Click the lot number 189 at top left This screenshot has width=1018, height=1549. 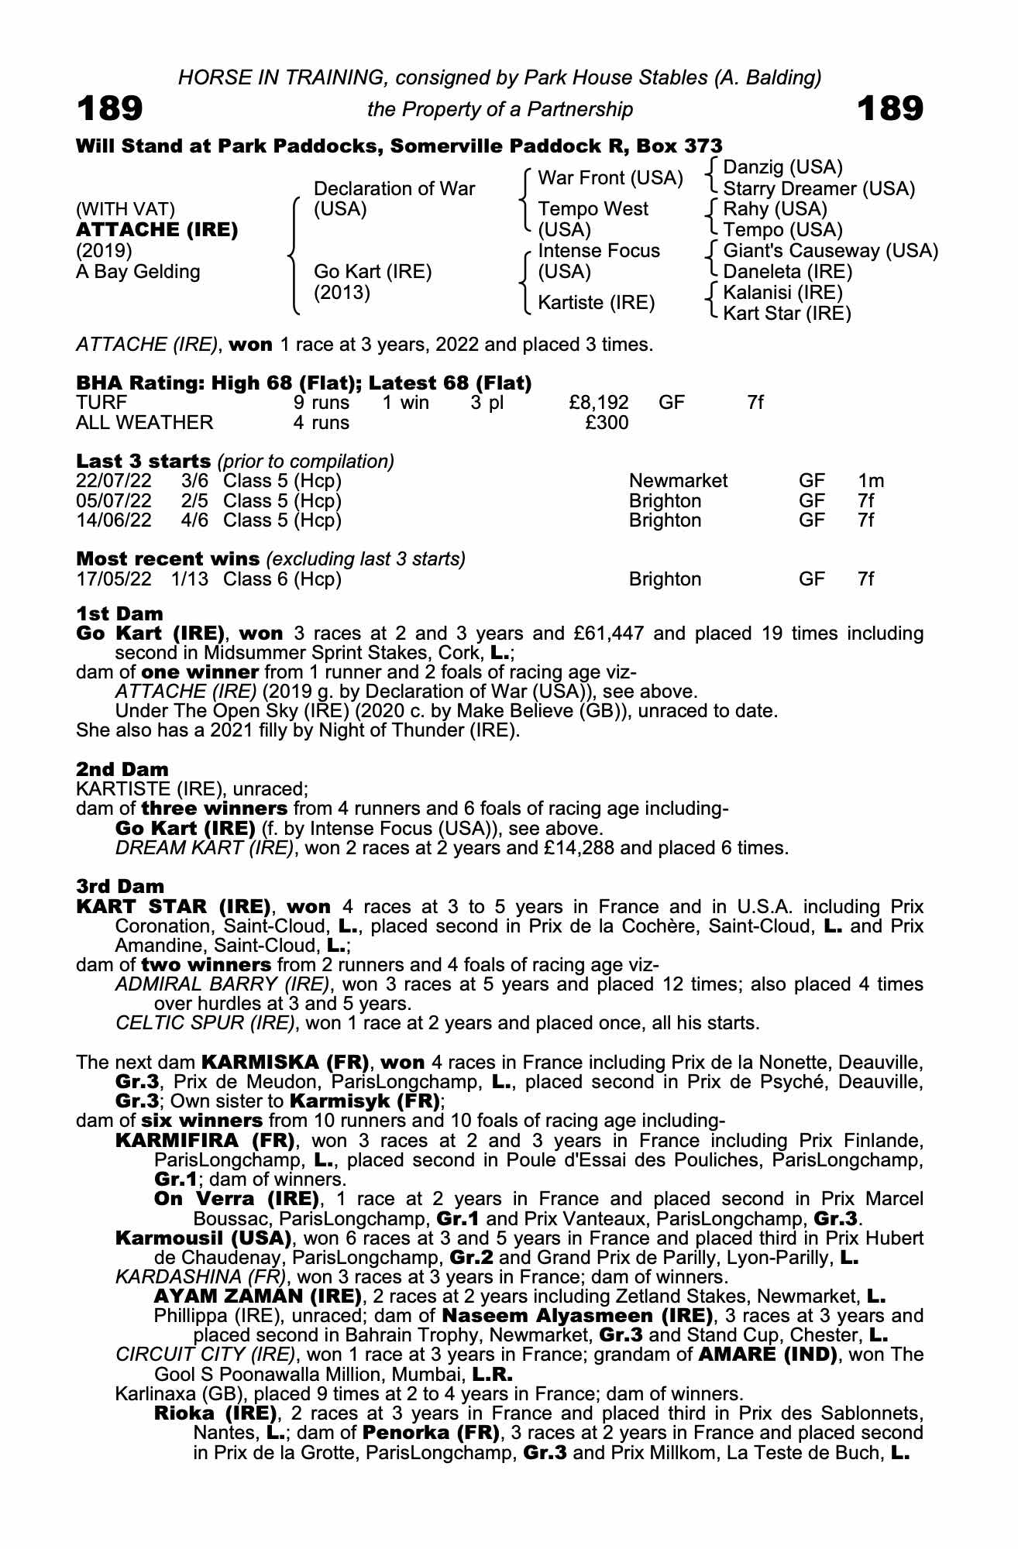point(109,109)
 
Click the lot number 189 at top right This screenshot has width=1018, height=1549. point(890,109)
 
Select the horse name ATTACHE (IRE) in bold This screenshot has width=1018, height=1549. point(156,230)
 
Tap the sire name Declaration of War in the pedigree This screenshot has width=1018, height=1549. point(394,189)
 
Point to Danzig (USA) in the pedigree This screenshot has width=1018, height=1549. point(782,167)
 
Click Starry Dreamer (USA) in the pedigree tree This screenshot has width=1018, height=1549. point(819,189)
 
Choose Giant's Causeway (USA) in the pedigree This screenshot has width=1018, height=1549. point(831,251)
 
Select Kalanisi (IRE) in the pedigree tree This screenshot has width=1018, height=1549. point(782,293)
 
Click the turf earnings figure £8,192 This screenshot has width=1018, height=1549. point(598,403)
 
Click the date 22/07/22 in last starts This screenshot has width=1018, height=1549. point(114,481)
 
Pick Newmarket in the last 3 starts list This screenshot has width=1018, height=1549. point(678,481)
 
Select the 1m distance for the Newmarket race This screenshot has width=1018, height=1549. point(871,481)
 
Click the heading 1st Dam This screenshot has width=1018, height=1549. point(119,614)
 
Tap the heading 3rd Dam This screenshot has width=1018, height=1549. point(120,887)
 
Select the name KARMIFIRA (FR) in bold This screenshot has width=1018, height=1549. point(205,1141)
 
